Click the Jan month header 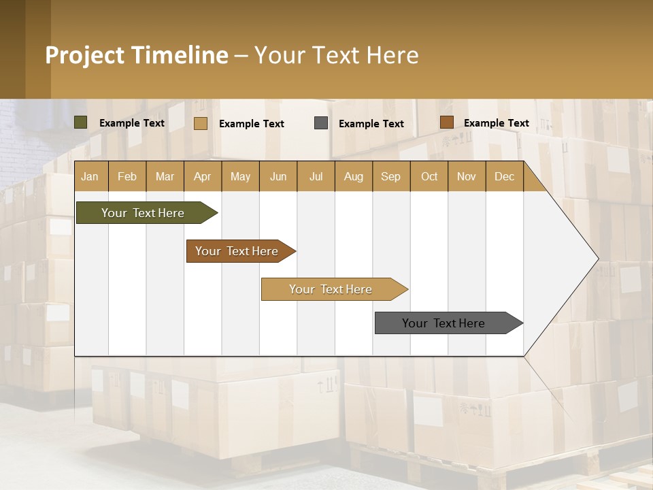click(x=90, y=176)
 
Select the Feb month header click(x=127, y=176)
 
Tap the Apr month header click(x=203, y=176)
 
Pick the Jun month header click(x=278, y=176)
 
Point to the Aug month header click(x=354, y=176)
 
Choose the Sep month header click(x=391, y=176)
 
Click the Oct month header click(x=429, y=176)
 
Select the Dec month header click(x=505, y=176)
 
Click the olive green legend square click(x=81, y=122)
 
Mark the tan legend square click(x=201, y=123)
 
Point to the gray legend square click(x=321, y=123)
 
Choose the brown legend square click(x=446, y=122)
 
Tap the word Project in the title click(x=84, y=55)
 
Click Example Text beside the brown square click(x=497, y=123)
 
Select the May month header click(x=240, y=176)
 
